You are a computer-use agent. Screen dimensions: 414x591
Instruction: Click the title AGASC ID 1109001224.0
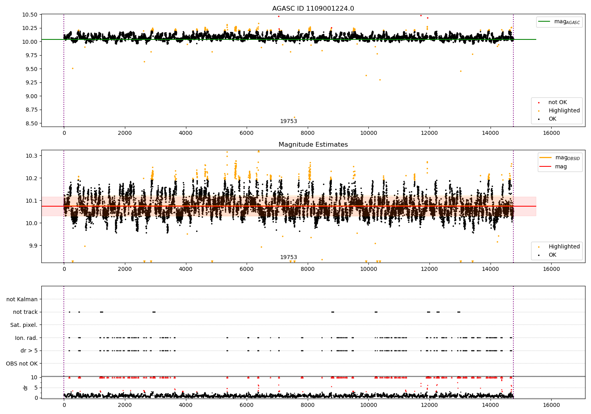tap(313, 9)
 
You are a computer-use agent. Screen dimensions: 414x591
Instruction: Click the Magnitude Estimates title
tap(313, 145)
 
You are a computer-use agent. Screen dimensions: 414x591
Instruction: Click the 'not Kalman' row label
tap(22, 299)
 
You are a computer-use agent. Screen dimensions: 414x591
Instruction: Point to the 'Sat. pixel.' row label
tap(24, 325)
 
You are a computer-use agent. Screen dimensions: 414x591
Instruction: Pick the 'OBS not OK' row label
tap(22, 364)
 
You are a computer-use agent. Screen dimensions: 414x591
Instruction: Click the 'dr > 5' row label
tap(29, 351)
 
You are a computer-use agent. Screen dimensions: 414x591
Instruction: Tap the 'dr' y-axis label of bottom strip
tap(26, 388)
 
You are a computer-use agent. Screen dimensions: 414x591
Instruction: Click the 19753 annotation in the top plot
tap(288, 121)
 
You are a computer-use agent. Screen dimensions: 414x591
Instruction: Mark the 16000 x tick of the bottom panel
tap(551, 405)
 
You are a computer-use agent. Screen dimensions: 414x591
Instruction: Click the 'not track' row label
tap(25, 312)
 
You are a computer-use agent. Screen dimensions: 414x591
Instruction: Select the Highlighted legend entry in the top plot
tap(564, 111)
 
